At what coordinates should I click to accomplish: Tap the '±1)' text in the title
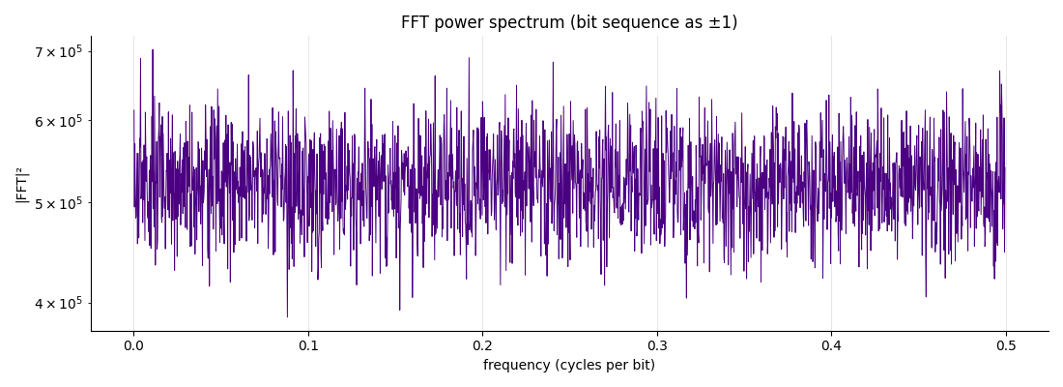point(724,22)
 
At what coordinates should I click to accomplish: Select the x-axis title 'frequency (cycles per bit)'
point(569,366)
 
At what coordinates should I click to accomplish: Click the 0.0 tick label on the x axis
point(133,345)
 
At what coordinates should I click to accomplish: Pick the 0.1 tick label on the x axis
point(308,345)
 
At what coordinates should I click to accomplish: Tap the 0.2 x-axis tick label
point(482,345)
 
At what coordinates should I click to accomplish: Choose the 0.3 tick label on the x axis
point(657,345)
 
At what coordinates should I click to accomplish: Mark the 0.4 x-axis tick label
point(831,345)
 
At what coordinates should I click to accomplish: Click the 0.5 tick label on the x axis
point(1006,345)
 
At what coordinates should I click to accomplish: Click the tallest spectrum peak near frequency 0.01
point(153,50)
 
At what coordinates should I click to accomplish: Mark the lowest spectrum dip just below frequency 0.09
point(287,315)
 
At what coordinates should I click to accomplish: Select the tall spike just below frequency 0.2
point(469,58)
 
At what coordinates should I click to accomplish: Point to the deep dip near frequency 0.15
point(399,309)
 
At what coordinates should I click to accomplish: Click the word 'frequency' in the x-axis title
point(516,366)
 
